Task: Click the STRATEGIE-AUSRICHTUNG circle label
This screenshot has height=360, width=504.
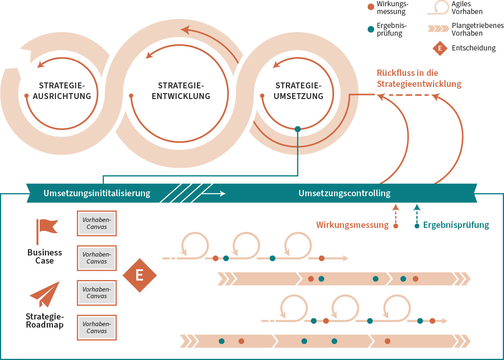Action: click(62, 91)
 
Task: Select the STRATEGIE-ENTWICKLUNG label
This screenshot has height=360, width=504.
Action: click(181, 91)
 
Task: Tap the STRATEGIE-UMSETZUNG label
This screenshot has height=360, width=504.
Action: click(298, 91)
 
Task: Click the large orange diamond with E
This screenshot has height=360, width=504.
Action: click(139, 275)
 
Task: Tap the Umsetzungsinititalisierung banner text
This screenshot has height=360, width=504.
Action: click(97, 193)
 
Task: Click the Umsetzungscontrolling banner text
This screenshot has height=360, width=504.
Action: click(344, 193)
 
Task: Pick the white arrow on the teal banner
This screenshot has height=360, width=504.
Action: click(214, 193)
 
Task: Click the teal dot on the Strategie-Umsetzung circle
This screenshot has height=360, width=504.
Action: click(298, 129)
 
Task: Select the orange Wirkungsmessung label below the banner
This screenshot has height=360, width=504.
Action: click(352, 225)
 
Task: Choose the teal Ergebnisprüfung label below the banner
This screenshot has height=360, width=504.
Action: click(456, 225)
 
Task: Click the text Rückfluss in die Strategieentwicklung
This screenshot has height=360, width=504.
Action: click(419, 78)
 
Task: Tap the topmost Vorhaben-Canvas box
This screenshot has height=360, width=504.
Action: click(97, 223)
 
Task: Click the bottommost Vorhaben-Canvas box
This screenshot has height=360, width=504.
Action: click(97, 328)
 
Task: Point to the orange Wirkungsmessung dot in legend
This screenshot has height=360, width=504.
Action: click(371, 7)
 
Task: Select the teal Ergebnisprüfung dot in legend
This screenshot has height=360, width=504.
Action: click(371, 29)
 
